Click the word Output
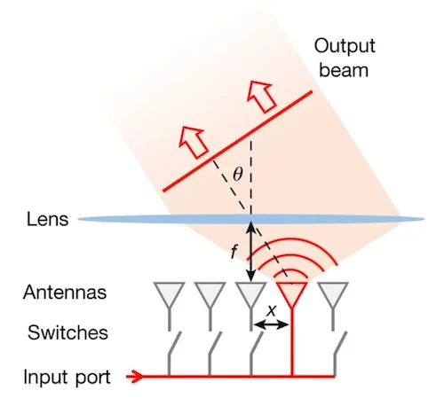(x=345, y=46)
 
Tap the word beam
(x=344, y=70)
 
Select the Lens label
(x=47, y=219)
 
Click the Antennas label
(x=65, y=293)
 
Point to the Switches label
(x=67, y=332)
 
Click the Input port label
(x=67, y=378)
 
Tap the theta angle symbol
(x=237, y=175)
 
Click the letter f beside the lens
(x=234, y=253)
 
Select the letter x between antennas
(x=272, y=310)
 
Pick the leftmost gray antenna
(x=169, y=295)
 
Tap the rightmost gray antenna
(x=333, y=295)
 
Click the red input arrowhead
(x=135, y=377)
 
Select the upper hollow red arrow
(x=261, y=96)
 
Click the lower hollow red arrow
(x=194, y=142)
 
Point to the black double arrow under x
(x=272, y=325)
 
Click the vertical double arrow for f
(x=251, y=252)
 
